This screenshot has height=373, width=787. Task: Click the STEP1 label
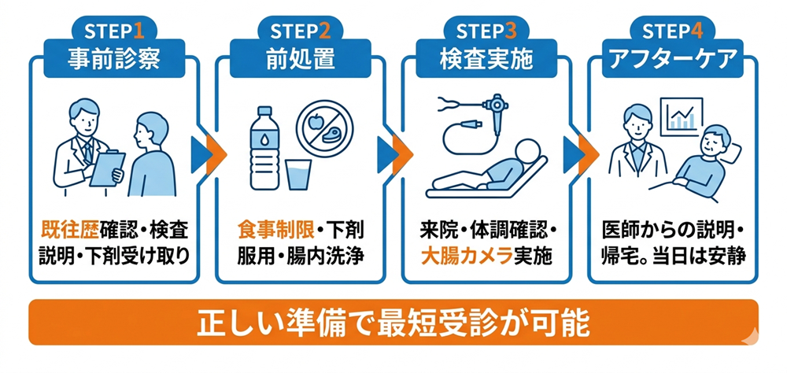click(x=115, y=31)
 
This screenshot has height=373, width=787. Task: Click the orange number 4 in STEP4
click(x=695, y=31)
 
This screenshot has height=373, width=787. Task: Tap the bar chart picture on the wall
click(x=682, y=116)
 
